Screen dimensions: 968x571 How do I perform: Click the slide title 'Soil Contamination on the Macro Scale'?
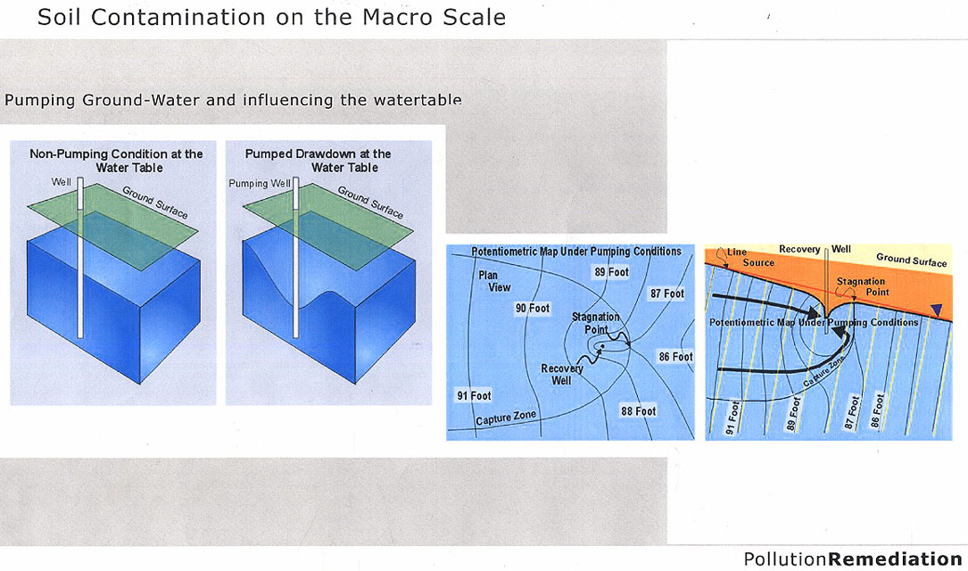(x=271, y=17)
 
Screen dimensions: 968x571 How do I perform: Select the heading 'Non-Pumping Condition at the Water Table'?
(x=116, y=161)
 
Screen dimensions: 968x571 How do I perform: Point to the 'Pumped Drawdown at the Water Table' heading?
(x=318, y=161)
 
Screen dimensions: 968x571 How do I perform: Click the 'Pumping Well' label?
(x=260, y=183)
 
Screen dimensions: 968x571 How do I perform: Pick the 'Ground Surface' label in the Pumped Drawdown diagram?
(x=370, y=202)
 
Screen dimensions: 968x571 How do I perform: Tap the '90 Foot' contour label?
(x=532, y=308)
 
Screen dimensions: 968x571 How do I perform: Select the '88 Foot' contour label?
(x=638, y=411)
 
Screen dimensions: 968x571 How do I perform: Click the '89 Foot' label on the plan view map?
(x=611, y=272)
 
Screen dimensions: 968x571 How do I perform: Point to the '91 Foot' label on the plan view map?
(x=474, y=396)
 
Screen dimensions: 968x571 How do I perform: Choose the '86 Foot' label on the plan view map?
(x=675, y=357)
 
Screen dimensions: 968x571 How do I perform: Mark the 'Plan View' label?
(x=494, y=282)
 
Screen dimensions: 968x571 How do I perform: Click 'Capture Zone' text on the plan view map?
(x=506, y=418)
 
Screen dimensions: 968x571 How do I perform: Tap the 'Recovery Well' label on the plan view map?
(x=562, y=375)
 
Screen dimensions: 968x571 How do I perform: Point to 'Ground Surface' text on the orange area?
(x=911, y=260)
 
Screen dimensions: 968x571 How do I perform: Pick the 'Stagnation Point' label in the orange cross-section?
(x=862, y=286)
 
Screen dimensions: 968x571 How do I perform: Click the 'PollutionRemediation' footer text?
(x=853, y=559)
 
